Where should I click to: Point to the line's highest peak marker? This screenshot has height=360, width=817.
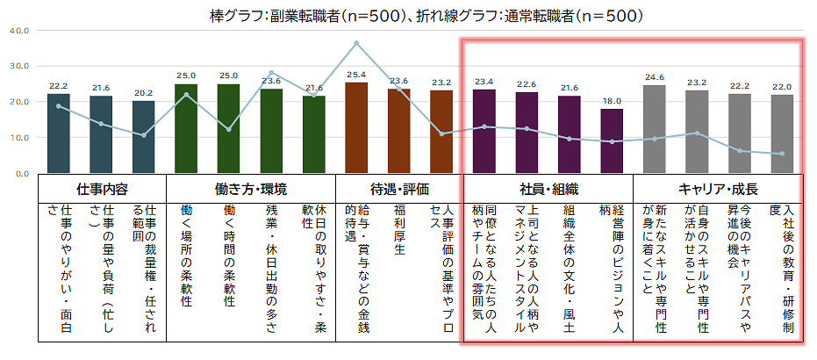pos(356,43)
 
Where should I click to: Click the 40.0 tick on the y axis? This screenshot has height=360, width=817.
pos(18,31)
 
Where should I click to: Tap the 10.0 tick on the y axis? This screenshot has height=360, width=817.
pos(18,138)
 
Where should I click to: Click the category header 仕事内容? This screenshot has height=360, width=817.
pos(102,189)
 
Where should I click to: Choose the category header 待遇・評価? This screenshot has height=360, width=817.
pos(399,189)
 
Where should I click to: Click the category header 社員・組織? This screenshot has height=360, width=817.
pos(548,189)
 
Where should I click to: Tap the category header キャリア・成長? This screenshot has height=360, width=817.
pos(718,189)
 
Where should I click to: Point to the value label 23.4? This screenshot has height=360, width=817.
pos(484,82)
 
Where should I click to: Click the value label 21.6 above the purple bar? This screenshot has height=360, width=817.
pos(570,88)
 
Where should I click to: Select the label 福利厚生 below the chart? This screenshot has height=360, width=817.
pos(399,230)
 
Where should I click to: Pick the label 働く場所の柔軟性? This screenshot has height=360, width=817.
pos(186,255)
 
